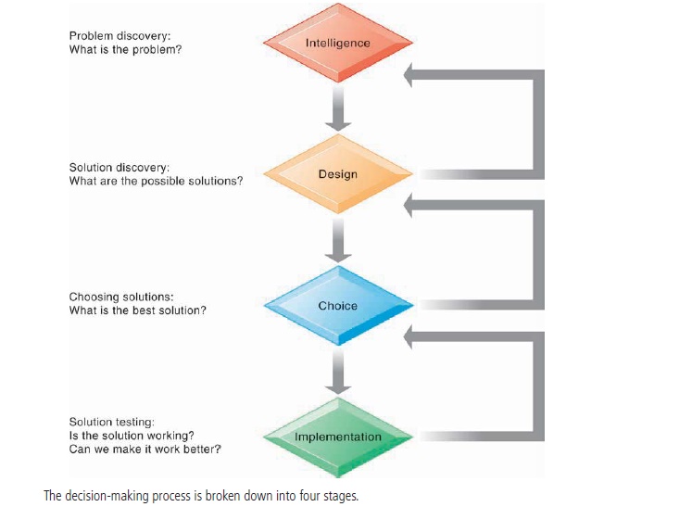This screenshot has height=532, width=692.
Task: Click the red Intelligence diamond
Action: (x=337, y=43)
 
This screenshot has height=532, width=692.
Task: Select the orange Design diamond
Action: (x=337, y=174)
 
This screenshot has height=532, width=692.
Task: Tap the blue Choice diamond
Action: (x=337, y=306)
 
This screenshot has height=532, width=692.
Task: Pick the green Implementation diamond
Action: (x=337, y=437)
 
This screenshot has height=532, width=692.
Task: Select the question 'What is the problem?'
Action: (x=125, y=49)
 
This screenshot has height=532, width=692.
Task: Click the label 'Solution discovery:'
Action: (x=120, y=168)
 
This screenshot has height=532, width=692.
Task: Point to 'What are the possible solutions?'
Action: (x=156, y=181)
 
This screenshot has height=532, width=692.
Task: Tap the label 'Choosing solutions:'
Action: (x=121, y=297)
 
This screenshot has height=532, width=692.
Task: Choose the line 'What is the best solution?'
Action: (x=137, y=310)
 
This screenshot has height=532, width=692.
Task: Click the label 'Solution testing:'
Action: (x=111, y=423)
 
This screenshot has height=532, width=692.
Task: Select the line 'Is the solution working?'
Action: (x=132, y=436)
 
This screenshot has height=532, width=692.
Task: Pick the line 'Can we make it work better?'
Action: (x=145, y=450)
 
